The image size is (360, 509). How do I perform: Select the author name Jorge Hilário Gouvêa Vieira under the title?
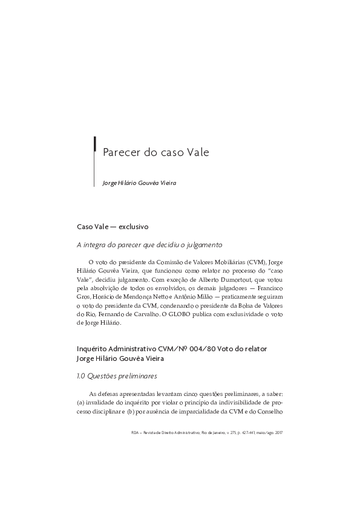(139, 183)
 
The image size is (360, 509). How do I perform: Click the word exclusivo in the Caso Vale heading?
(134, 227)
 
